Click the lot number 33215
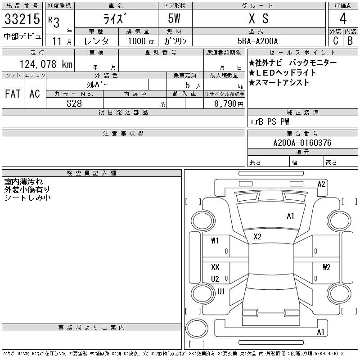tap(22, 19)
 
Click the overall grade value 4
tap(343, 18)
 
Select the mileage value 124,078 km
tap(46, 64)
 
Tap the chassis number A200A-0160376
tap(302, 143)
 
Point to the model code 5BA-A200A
tap(257, 41)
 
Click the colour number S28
tap(74, 103)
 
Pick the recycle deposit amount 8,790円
tap(229, 104)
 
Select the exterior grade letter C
tap(335, 41)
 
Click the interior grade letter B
tap(350, 41)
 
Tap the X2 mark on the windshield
tap(257, 237)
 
